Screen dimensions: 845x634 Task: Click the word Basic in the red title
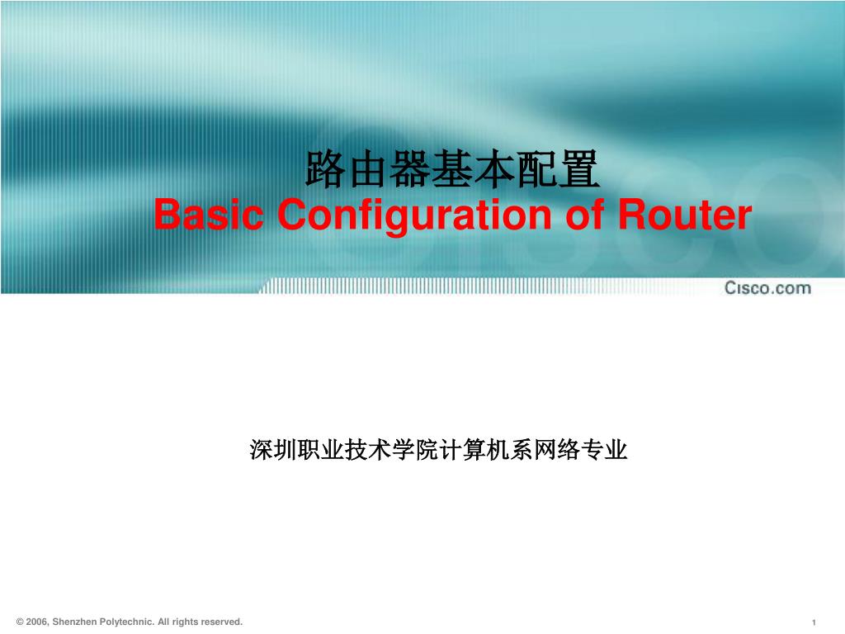pyautogui.click(x=209, y=214)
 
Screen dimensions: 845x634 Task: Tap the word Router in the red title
pyautogui.click(x=684, y=214)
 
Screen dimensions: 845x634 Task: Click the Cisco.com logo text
pyautogui.click(x=767, y=288)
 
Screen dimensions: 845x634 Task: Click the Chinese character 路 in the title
pyautogui.click(x=326, y=169)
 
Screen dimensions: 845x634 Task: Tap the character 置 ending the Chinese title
pyautogui.click(x=578, y=169)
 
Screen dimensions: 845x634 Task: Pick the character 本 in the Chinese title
pyautogui.click(x=494, y=169)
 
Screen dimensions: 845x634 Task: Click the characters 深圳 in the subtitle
pyautogui.click(x=273, y=450)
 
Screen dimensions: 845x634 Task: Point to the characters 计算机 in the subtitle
pyautogui.click(x=474, y=450)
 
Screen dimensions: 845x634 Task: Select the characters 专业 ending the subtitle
pyautogui.click(x=604, y=450)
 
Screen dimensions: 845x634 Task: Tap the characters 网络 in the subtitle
pyautogui.click(x=557, y=450)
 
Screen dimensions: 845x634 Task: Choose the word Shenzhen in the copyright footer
pyautogui.click(x=75, y=622)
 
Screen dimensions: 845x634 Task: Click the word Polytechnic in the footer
pyautogui.click(x=127, y=622)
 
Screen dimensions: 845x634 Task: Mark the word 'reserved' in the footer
pyautogui.click(x=222, y=622)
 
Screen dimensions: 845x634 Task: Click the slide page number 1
pyautogui.click(x=814, y=622)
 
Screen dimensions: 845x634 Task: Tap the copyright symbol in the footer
pyautogui.click(x=20, y=622)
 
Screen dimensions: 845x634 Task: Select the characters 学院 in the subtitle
pyautogui.click(x=416, y=450)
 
